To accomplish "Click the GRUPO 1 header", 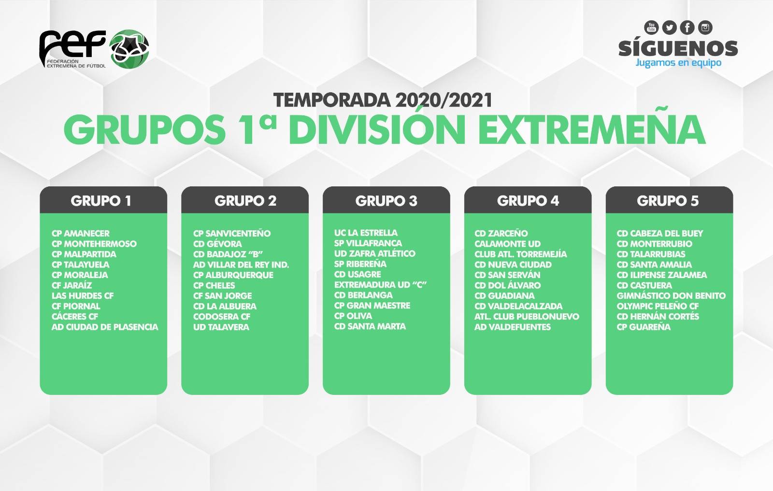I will pos(101,201).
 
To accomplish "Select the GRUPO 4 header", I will pos(528,201).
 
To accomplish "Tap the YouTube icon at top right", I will pos(651,28).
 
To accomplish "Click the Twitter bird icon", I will pos(669,28).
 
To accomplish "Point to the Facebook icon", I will pos(687,28).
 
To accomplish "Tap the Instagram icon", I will pos(705,28).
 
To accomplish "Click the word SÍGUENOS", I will pos(678,48).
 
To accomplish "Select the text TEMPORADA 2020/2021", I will pos(383,100).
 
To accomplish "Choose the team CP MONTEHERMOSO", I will pos(94,244).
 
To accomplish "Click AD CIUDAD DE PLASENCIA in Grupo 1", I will pos(105,327).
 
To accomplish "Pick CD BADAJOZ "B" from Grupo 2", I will pos(228,254).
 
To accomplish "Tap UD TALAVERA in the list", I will pos(221,327).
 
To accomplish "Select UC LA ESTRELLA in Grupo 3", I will pos(366,233).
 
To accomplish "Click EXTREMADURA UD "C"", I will pos(380,285).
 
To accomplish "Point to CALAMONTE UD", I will pos(507,244).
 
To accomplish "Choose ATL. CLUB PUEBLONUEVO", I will pos(527,317).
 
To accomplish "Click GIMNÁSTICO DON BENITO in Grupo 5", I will pos(671,295).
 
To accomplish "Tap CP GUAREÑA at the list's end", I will pos(644,327).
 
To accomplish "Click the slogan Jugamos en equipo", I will pos(678,63).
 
